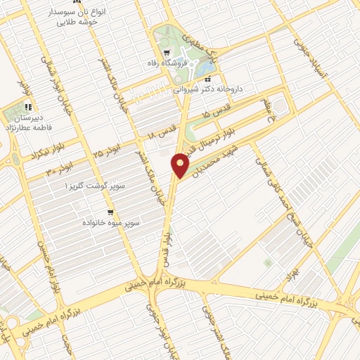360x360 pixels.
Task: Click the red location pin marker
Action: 181,165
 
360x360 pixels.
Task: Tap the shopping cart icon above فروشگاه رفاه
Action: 165,53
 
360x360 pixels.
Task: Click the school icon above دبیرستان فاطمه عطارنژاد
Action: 29,108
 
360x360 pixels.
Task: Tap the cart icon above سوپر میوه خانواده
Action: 110,212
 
